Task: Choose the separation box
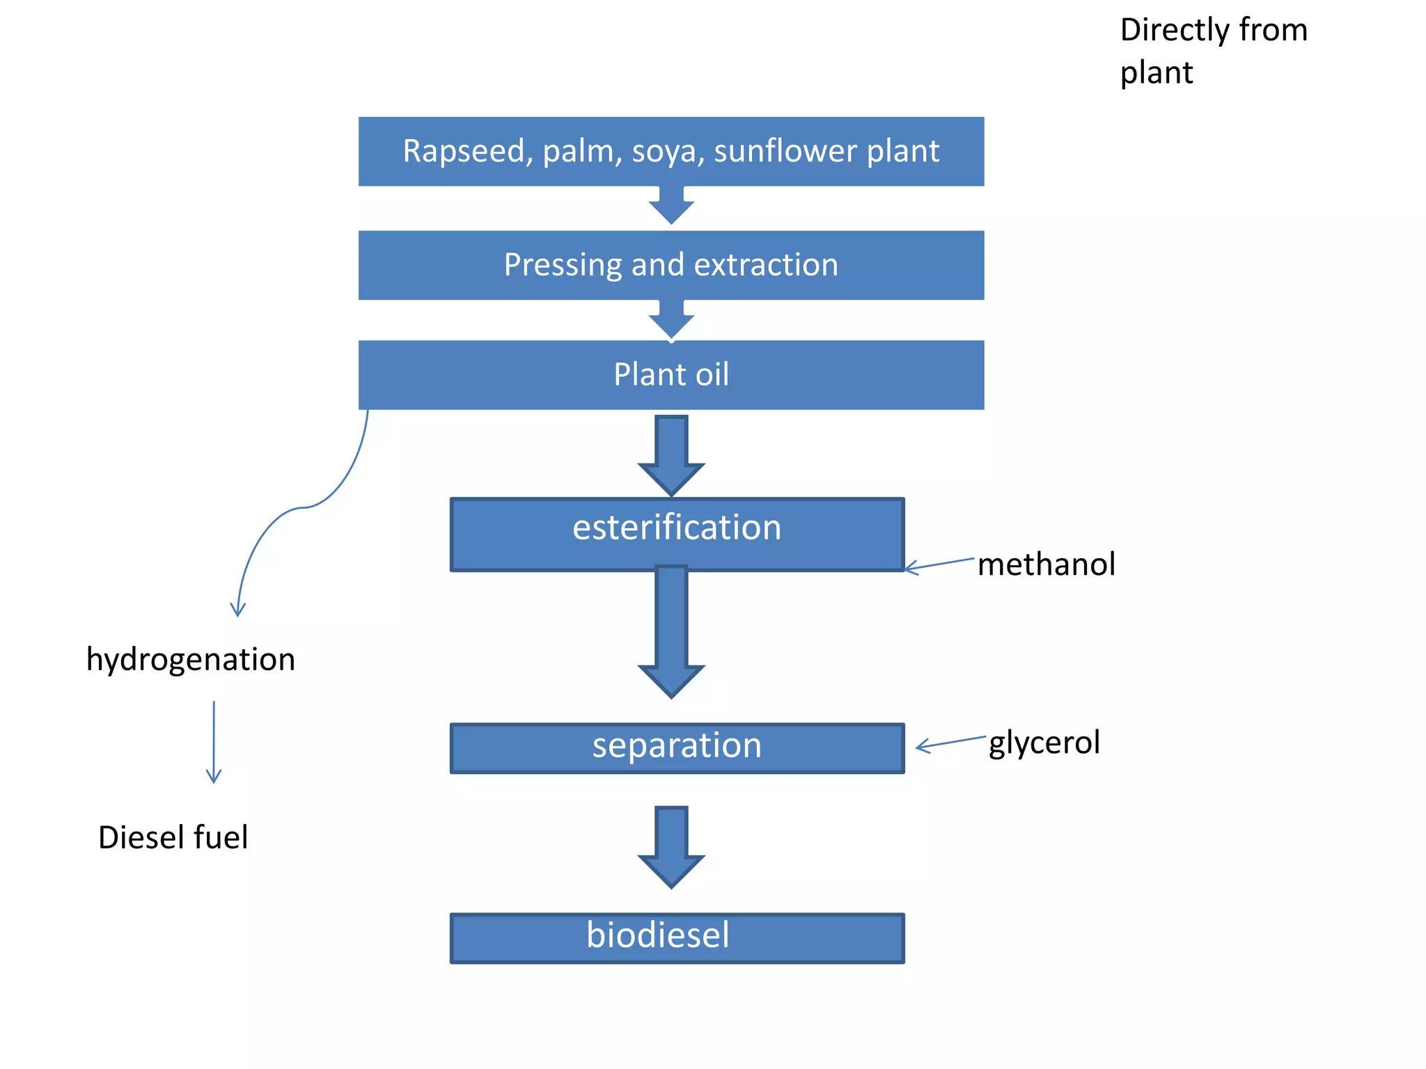[x=677, y=747]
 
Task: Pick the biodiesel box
[x=677, y=937]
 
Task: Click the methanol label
[x=1045, y=564]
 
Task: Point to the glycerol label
[x=1044, y=743]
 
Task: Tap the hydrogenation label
[x=190, y=659]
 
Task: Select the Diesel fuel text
[x=173, y=837]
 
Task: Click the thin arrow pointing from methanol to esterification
[x=939, y=564]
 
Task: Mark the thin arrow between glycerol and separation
[x=950, y=743]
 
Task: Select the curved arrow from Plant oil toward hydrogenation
[x=304, y=507]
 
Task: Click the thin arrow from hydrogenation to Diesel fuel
[x=214, y=742]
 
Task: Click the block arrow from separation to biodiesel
[x=671, y=846]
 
